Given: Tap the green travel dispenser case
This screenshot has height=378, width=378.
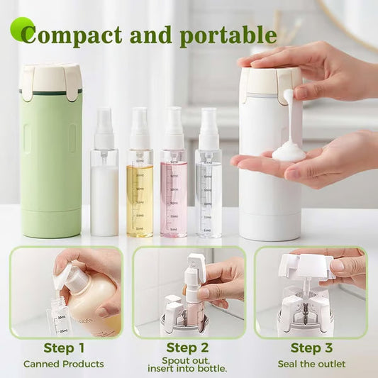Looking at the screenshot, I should click(x=51, y=163).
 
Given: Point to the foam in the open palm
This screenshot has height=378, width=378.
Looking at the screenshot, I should click(x=288, y=150).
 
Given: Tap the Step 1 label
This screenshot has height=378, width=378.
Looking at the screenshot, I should click(x=64, y=348).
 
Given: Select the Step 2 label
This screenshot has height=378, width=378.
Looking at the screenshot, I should click(x=188, y=348).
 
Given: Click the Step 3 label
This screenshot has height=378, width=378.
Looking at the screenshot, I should click(x=311, y=348).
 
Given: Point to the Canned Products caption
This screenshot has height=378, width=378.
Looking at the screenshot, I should click(x=64, y=364).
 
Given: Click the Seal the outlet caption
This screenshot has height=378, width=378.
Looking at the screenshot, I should click(x=312, y=364).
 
